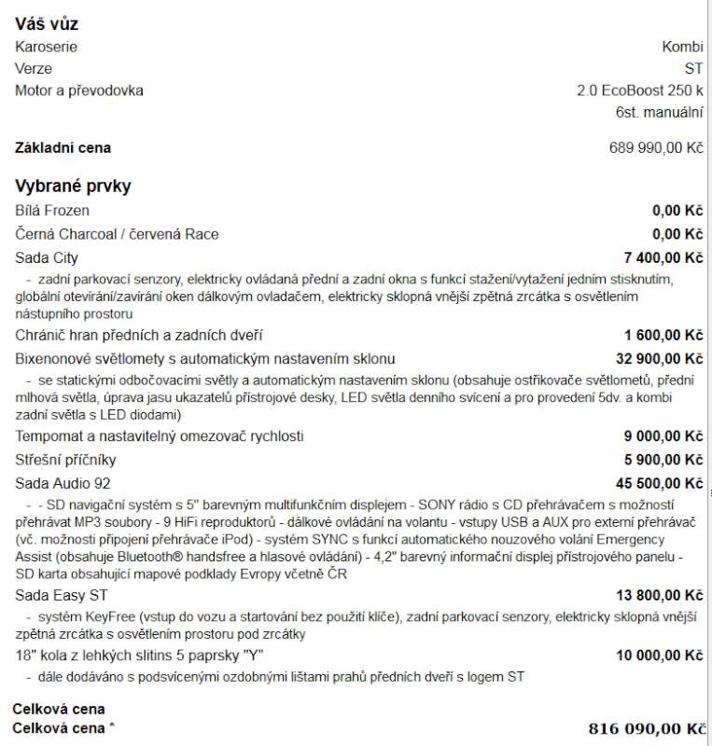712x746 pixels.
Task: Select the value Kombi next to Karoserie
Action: click(682, 47)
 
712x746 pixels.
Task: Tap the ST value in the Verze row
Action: click(693, 69)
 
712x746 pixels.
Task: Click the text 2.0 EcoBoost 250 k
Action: click(639, 90)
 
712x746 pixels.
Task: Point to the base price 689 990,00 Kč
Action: click(655, 147)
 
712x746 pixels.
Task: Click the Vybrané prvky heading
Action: click(73, 186)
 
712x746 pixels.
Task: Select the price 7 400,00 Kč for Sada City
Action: click(663, 257)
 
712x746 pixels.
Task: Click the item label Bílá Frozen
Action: click(52, 211)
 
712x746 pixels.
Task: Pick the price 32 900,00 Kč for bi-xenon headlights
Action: click(660, 359)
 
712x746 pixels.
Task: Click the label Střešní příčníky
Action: click(66, 460)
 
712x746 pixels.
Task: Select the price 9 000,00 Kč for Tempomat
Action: click(663, 436)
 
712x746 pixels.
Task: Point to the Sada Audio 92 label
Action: click(63, 483)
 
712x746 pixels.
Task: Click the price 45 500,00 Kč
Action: click(660, 483)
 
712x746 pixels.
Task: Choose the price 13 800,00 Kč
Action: click(660, 595)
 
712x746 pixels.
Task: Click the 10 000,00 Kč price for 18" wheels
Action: click(660, 656)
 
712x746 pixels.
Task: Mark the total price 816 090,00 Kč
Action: click(647, 728)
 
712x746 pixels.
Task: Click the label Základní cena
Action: click(63, 147)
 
